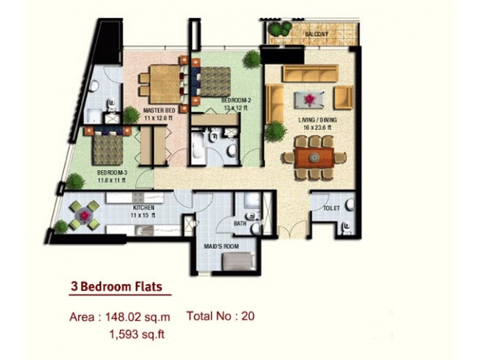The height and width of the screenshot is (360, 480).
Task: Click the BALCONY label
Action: (x=316, y=34)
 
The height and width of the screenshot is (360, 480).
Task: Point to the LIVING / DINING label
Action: (x=317, y=120)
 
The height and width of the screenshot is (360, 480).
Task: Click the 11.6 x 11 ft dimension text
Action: (x=112, y=180)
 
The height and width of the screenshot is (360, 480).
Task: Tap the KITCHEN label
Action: (x=143, y=208)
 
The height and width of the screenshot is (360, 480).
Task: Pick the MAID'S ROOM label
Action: (x=221, y=247)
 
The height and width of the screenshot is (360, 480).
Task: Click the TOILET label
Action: (x=331, y=208)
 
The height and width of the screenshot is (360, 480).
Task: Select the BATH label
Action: (x=240, y=223)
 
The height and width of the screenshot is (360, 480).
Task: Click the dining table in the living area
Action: (x=314, y=157)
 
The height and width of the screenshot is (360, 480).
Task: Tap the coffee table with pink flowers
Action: (x=309, y=99)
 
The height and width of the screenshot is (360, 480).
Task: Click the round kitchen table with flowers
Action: (x=84, y=215)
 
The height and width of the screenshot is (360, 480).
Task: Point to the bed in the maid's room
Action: (x=238, y=261)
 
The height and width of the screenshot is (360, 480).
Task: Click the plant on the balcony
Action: (x=280, y=28)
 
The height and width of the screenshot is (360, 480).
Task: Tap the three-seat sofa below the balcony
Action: (x=310, y=73)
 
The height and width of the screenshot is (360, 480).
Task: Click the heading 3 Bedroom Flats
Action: (x=116, y=286)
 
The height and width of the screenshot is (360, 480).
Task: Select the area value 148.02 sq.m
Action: (x=137, y=316)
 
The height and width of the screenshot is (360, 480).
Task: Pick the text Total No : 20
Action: (x=220, y=316)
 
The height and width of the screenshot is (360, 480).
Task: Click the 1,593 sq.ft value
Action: (x=136, y=334)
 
